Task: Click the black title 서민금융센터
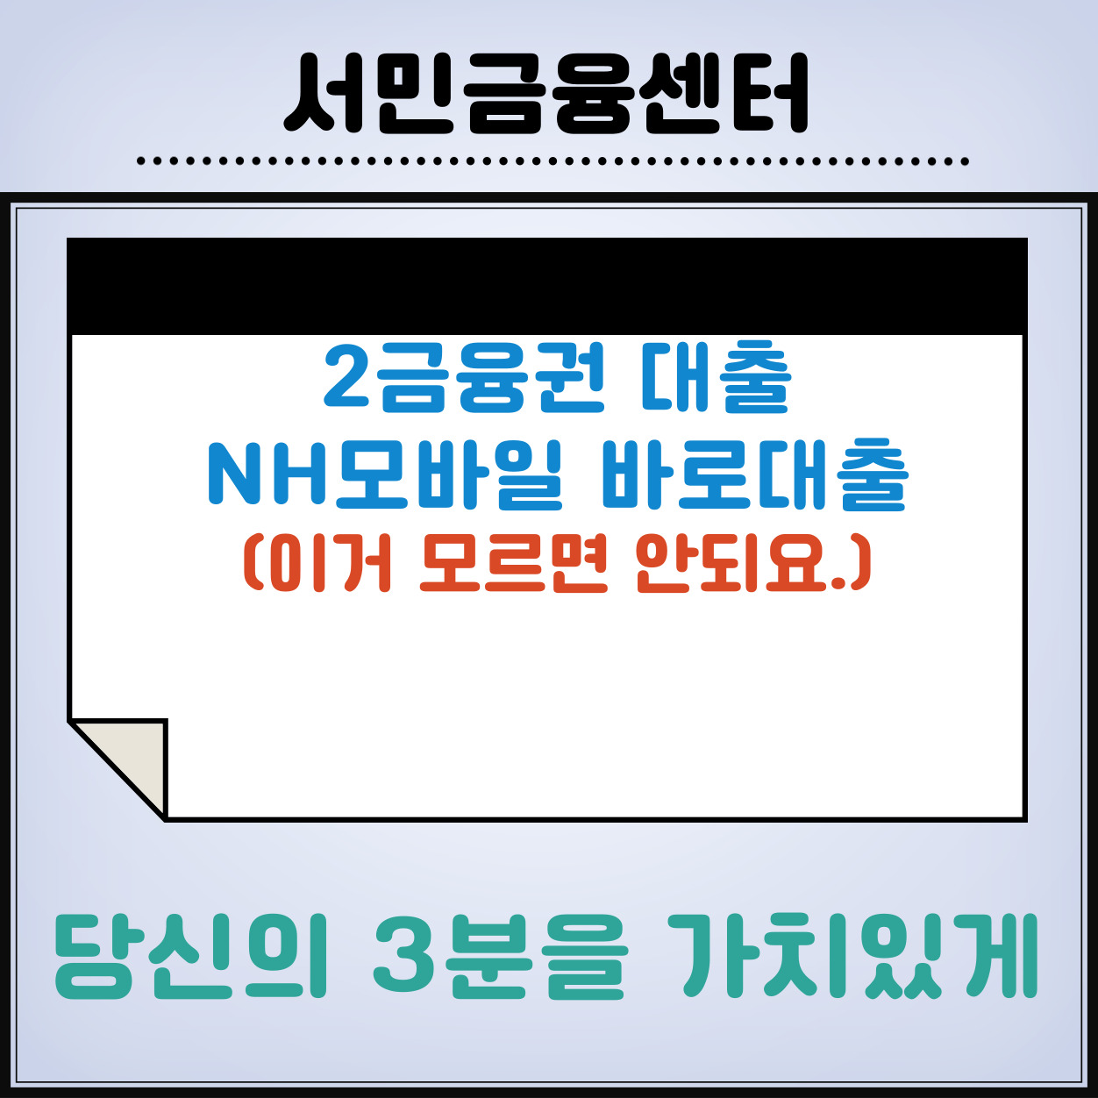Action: pos(546,93)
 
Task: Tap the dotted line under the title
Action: pos(553,161)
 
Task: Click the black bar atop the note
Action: pos(546,286)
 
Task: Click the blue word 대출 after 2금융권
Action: pos(716,379)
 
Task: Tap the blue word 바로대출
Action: pos(754,475)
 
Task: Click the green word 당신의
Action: pos(189,958)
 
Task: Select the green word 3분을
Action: pos(500,958)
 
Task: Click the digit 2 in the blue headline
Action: pos(347,379)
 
